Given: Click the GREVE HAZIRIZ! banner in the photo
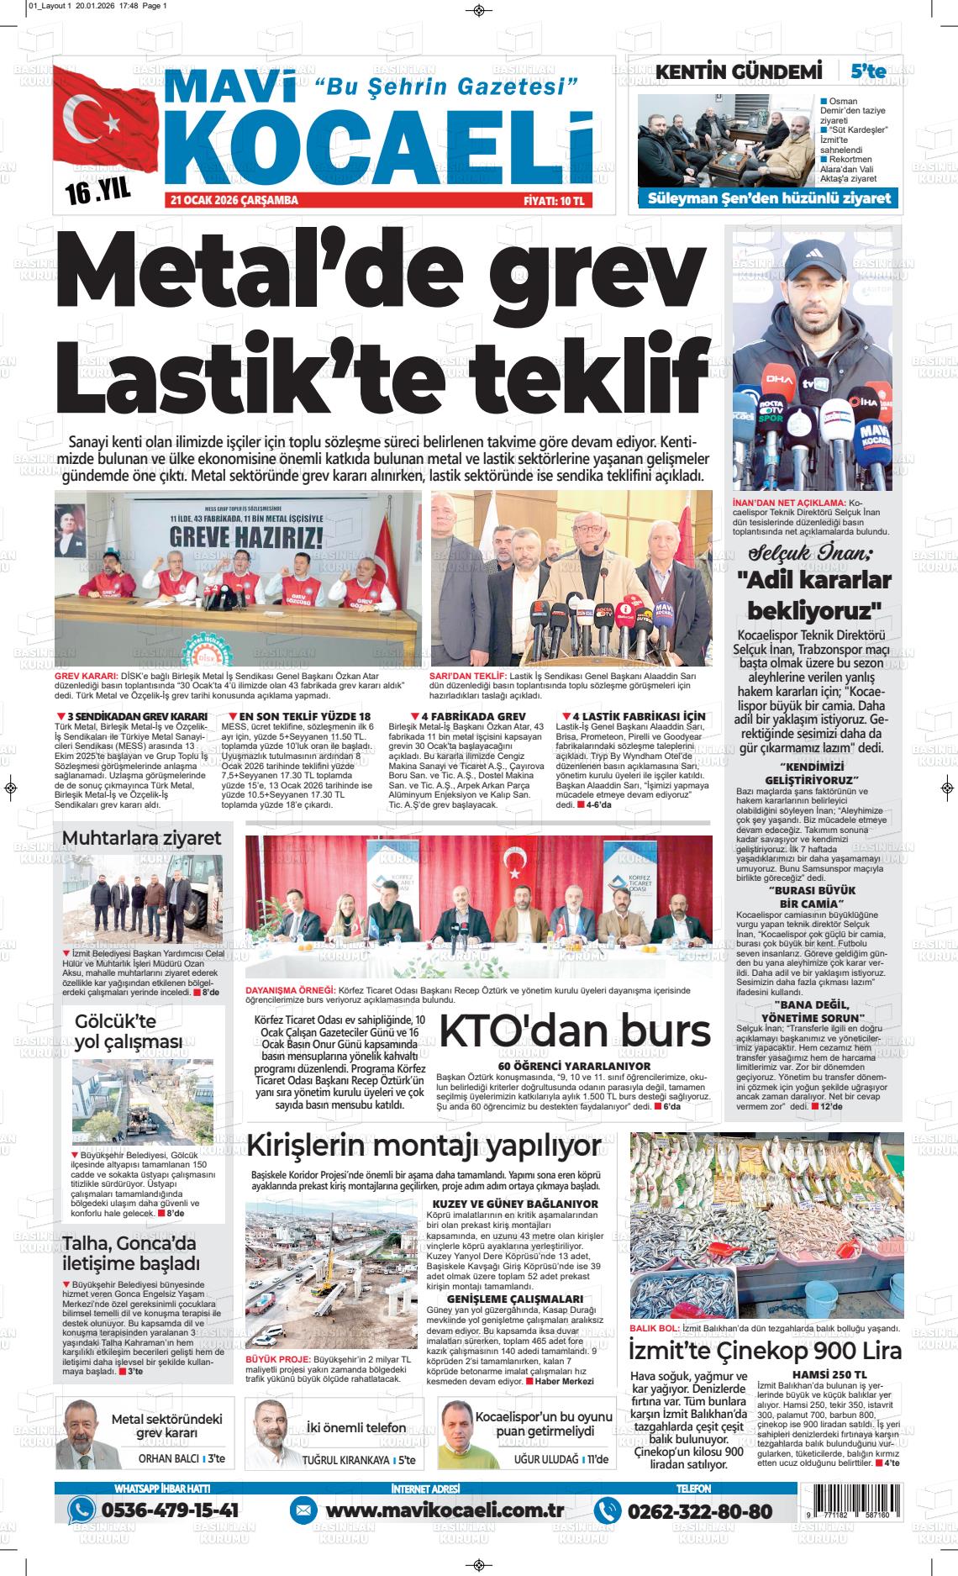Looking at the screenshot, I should [246, 535].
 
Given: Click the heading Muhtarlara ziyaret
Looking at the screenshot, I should [142, 837].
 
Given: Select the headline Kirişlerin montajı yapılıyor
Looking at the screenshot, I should [424, 1146].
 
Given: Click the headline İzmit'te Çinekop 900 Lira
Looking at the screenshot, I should [766, 1351].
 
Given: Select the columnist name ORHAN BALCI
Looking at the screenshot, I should [168, 1459].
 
